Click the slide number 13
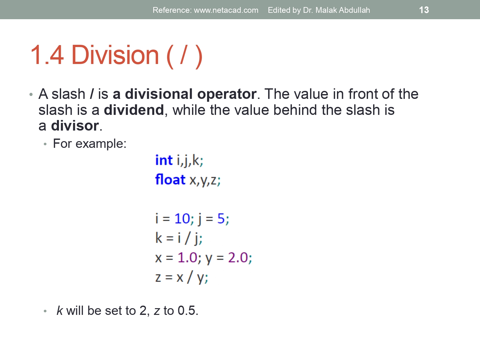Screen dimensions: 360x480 424,10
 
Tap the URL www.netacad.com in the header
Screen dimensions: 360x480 226,10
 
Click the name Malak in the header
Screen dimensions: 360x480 326,10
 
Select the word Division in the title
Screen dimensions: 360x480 115,55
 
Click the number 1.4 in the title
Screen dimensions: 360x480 47,55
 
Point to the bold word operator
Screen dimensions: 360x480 227,94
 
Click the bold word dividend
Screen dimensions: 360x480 134,110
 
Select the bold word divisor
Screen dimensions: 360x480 75,126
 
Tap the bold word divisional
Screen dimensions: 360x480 159,94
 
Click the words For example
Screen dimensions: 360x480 89,144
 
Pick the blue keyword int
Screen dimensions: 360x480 164,160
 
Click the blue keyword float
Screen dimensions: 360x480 170,180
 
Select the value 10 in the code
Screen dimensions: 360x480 182,219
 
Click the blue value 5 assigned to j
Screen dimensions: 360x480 221,219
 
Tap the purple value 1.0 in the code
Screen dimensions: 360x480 187,258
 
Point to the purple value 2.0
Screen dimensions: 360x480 238,258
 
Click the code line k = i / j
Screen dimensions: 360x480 179,238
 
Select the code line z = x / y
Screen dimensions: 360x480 181,277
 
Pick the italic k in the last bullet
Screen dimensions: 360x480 60,311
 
